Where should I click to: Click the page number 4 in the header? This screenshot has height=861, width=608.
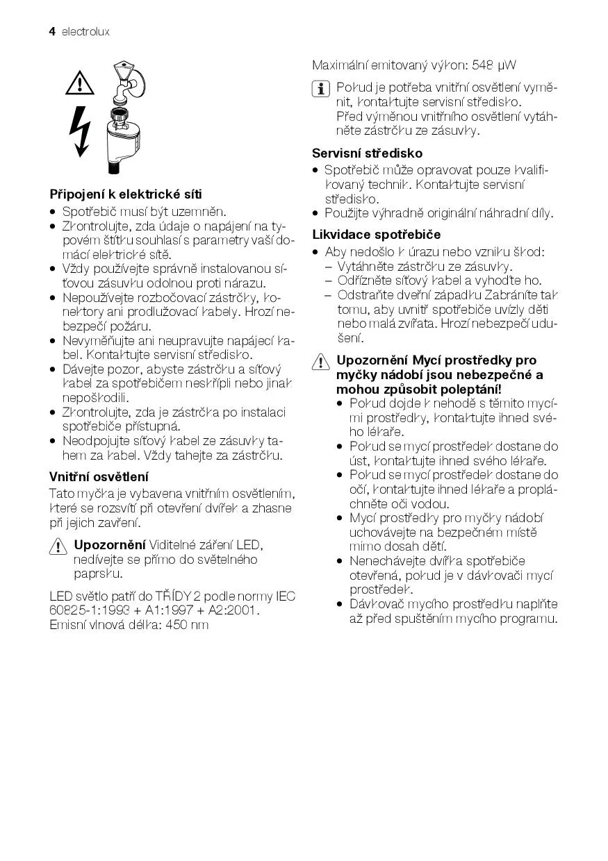(52, 32)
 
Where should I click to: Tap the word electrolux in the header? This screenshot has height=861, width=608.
(85, 32)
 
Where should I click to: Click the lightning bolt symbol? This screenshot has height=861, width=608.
(81, 132)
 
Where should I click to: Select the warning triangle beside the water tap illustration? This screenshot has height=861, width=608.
(80, 84)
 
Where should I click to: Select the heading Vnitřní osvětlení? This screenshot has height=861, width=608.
(99, 476)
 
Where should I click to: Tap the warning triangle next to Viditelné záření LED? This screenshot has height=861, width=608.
(58, 546)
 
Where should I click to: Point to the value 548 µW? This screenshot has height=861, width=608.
(494, 66)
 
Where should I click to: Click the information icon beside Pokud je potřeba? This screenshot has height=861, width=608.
(321, 89)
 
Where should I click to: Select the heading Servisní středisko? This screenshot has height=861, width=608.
(367, 153)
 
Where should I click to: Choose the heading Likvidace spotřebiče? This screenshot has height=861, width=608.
(376, 235)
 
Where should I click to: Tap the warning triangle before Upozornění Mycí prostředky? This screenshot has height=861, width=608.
(321, 362)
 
